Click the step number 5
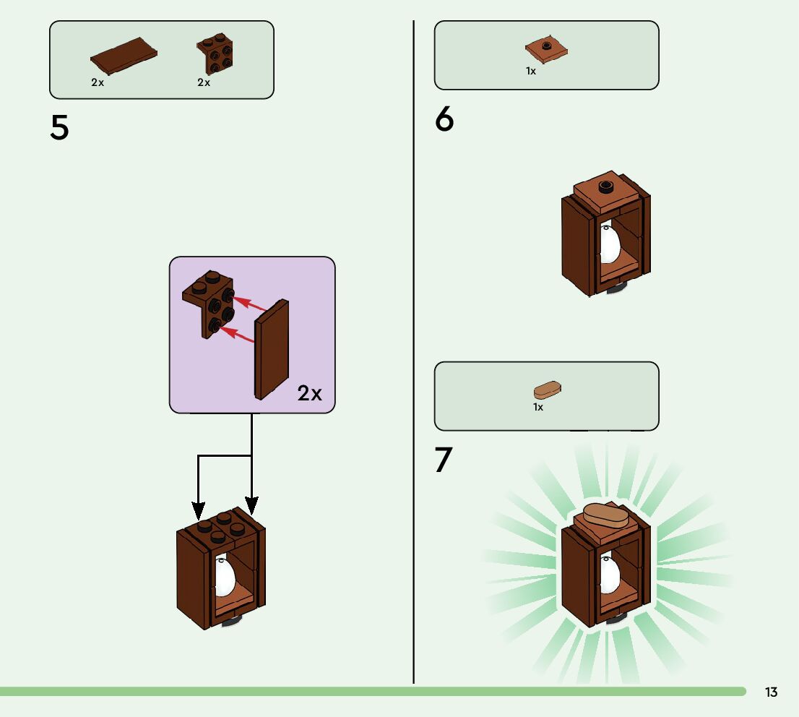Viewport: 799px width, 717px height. click(x=59, y=128)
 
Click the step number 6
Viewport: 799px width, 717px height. click(x=444, y=119)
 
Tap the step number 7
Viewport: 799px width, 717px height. click(x=444, y=460)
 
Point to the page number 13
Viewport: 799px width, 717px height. click(x=771, y=692)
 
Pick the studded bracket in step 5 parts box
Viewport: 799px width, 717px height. click(x=215, y=55)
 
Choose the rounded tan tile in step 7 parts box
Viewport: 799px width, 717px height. click(x=548, y=390)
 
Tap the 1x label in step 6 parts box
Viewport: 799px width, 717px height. click(x=531, y=72)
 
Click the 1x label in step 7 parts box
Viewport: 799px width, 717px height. click(x=538, y=408)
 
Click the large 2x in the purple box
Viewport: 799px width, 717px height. click(x=309, y=393)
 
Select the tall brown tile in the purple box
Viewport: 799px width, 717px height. click(x=272, y=350)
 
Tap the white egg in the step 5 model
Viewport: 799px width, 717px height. click(x=225, y=577)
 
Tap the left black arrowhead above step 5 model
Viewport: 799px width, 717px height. click(x=199, y=510)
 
